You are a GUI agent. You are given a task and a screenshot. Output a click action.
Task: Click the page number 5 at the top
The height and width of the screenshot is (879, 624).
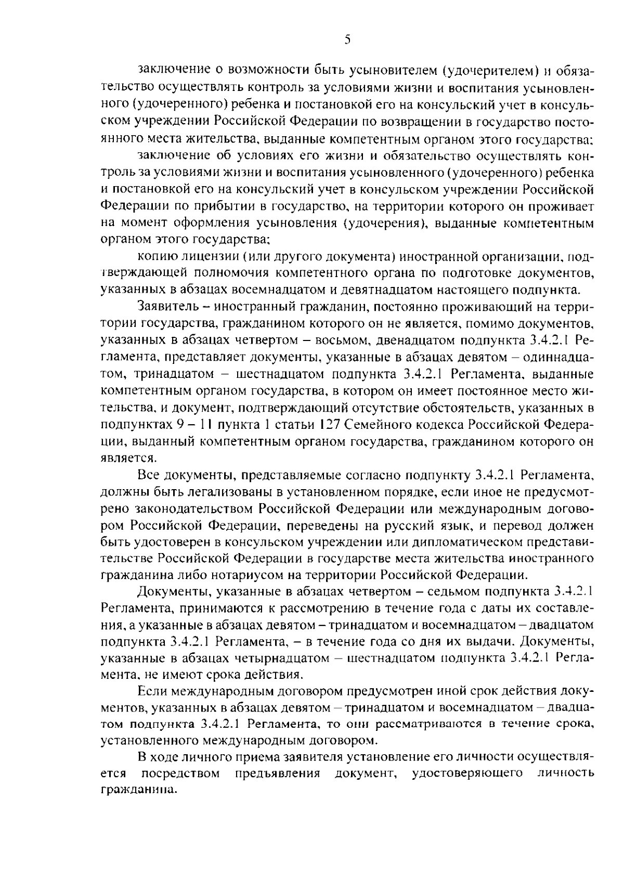tap(347, 40)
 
